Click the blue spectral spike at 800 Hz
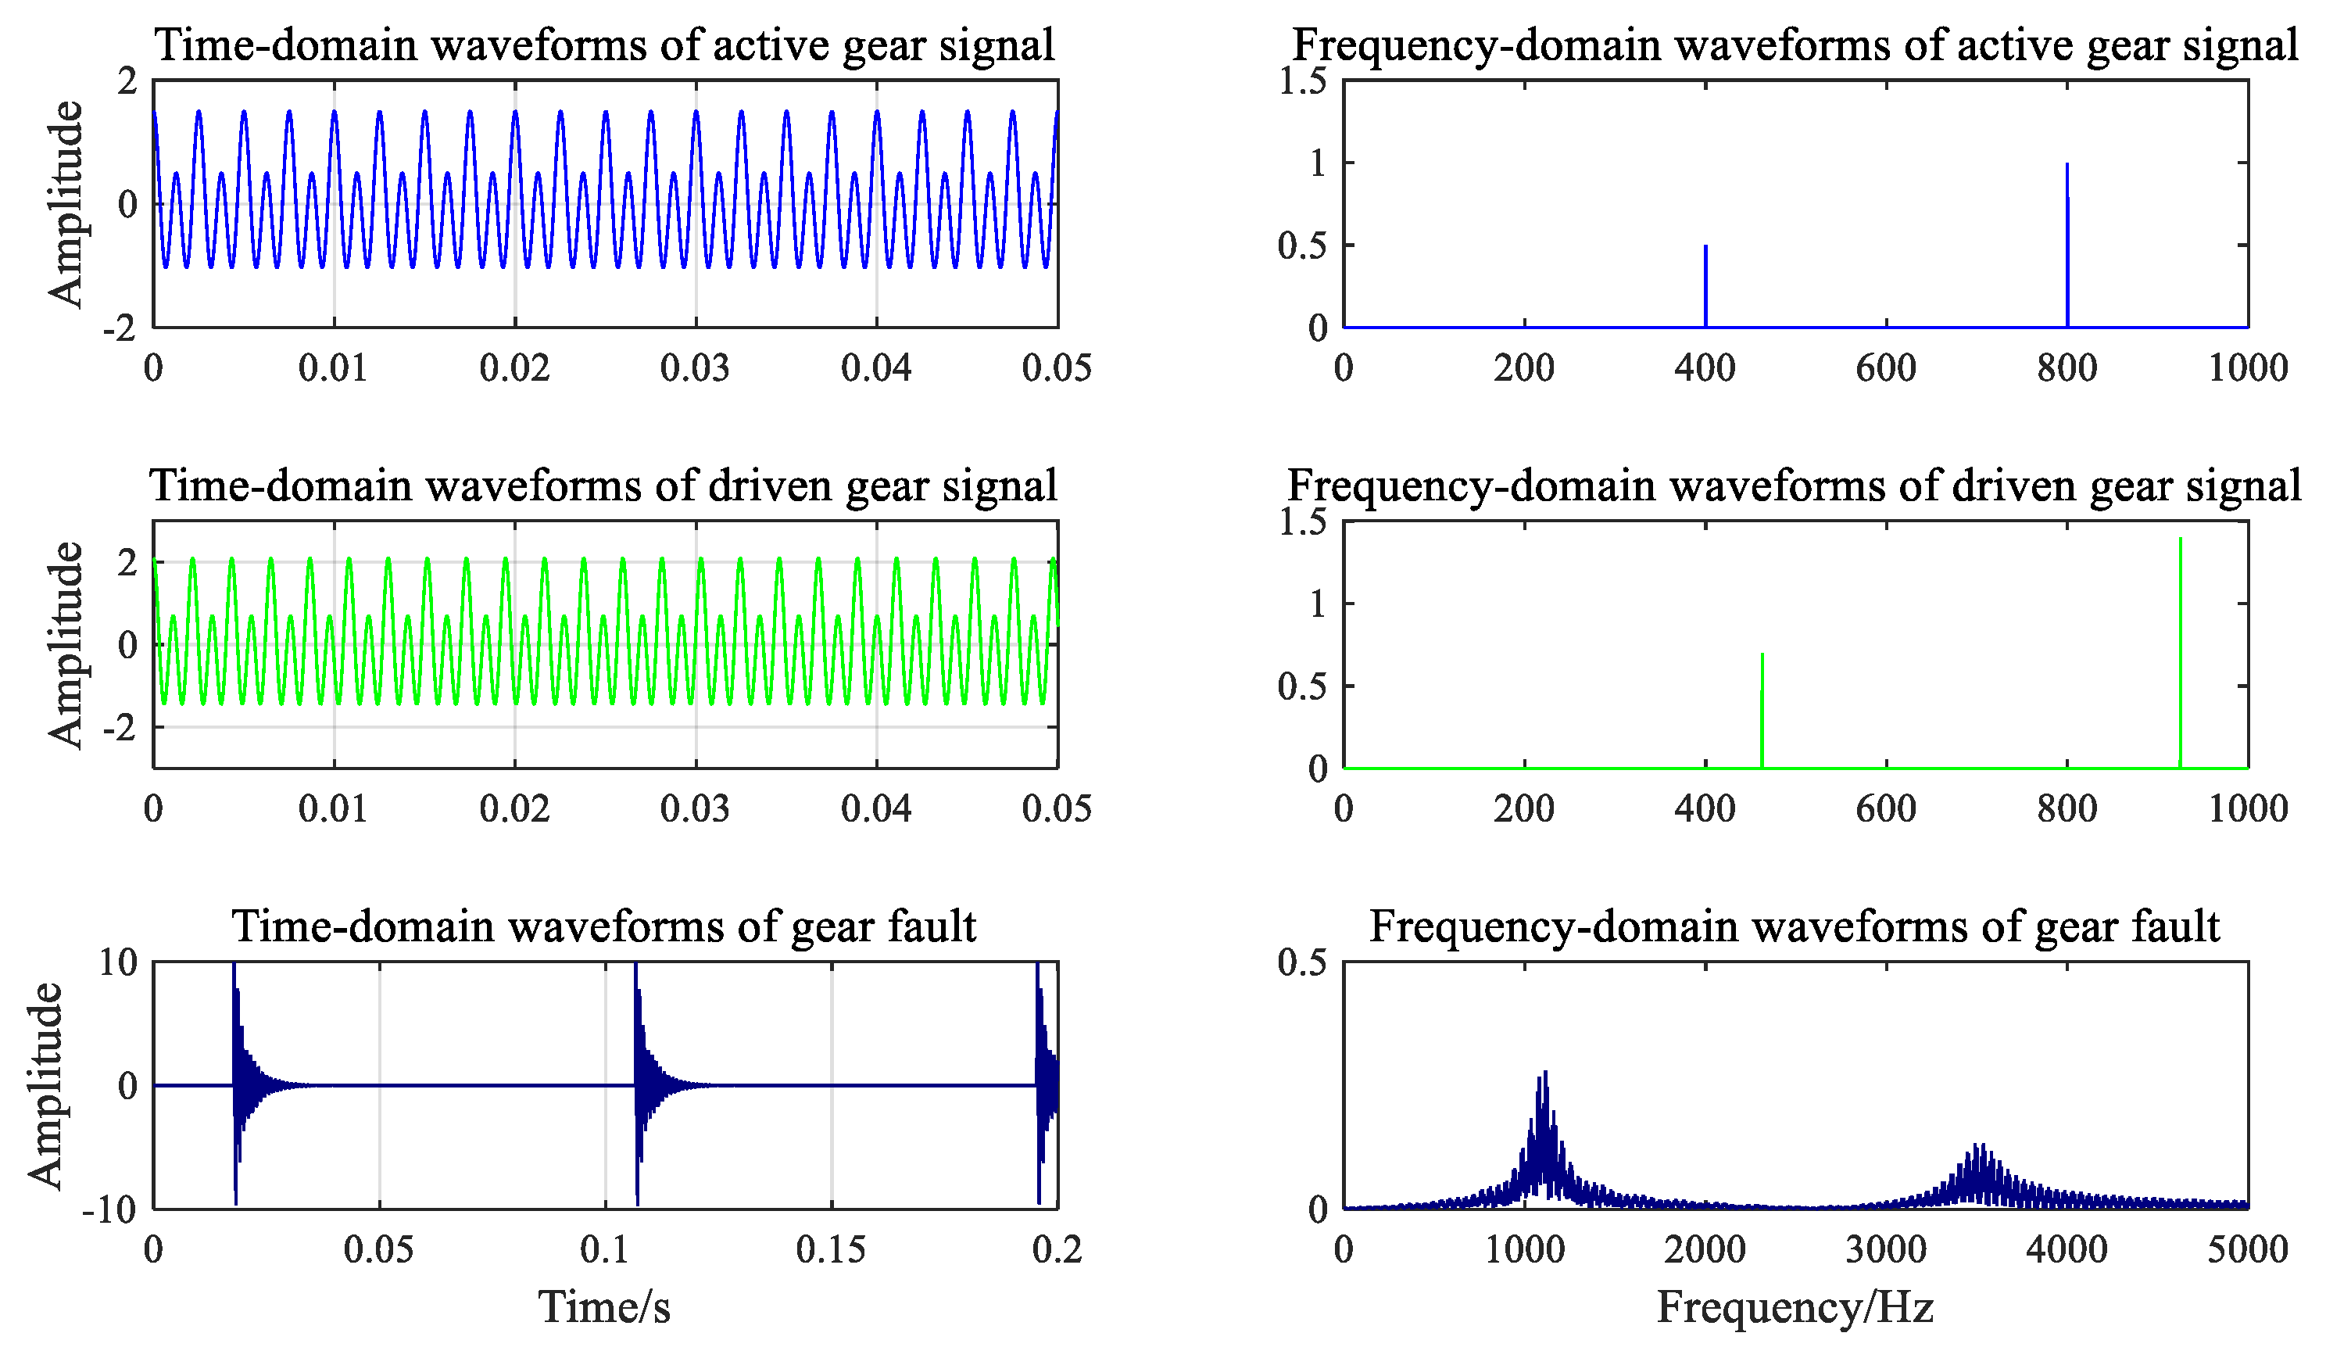tap(2067, 245)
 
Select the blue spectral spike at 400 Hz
tap(1705, 286)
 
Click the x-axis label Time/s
tap(605, 1307)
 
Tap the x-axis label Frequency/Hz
tap(1795, 1307)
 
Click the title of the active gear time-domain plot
tap(605, 45)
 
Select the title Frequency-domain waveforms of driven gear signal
tap(1795, 486)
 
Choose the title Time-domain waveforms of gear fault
tap(605, 926)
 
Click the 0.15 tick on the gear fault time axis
tap(831, 1250)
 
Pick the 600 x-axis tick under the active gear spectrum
tap(1886, 368)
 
